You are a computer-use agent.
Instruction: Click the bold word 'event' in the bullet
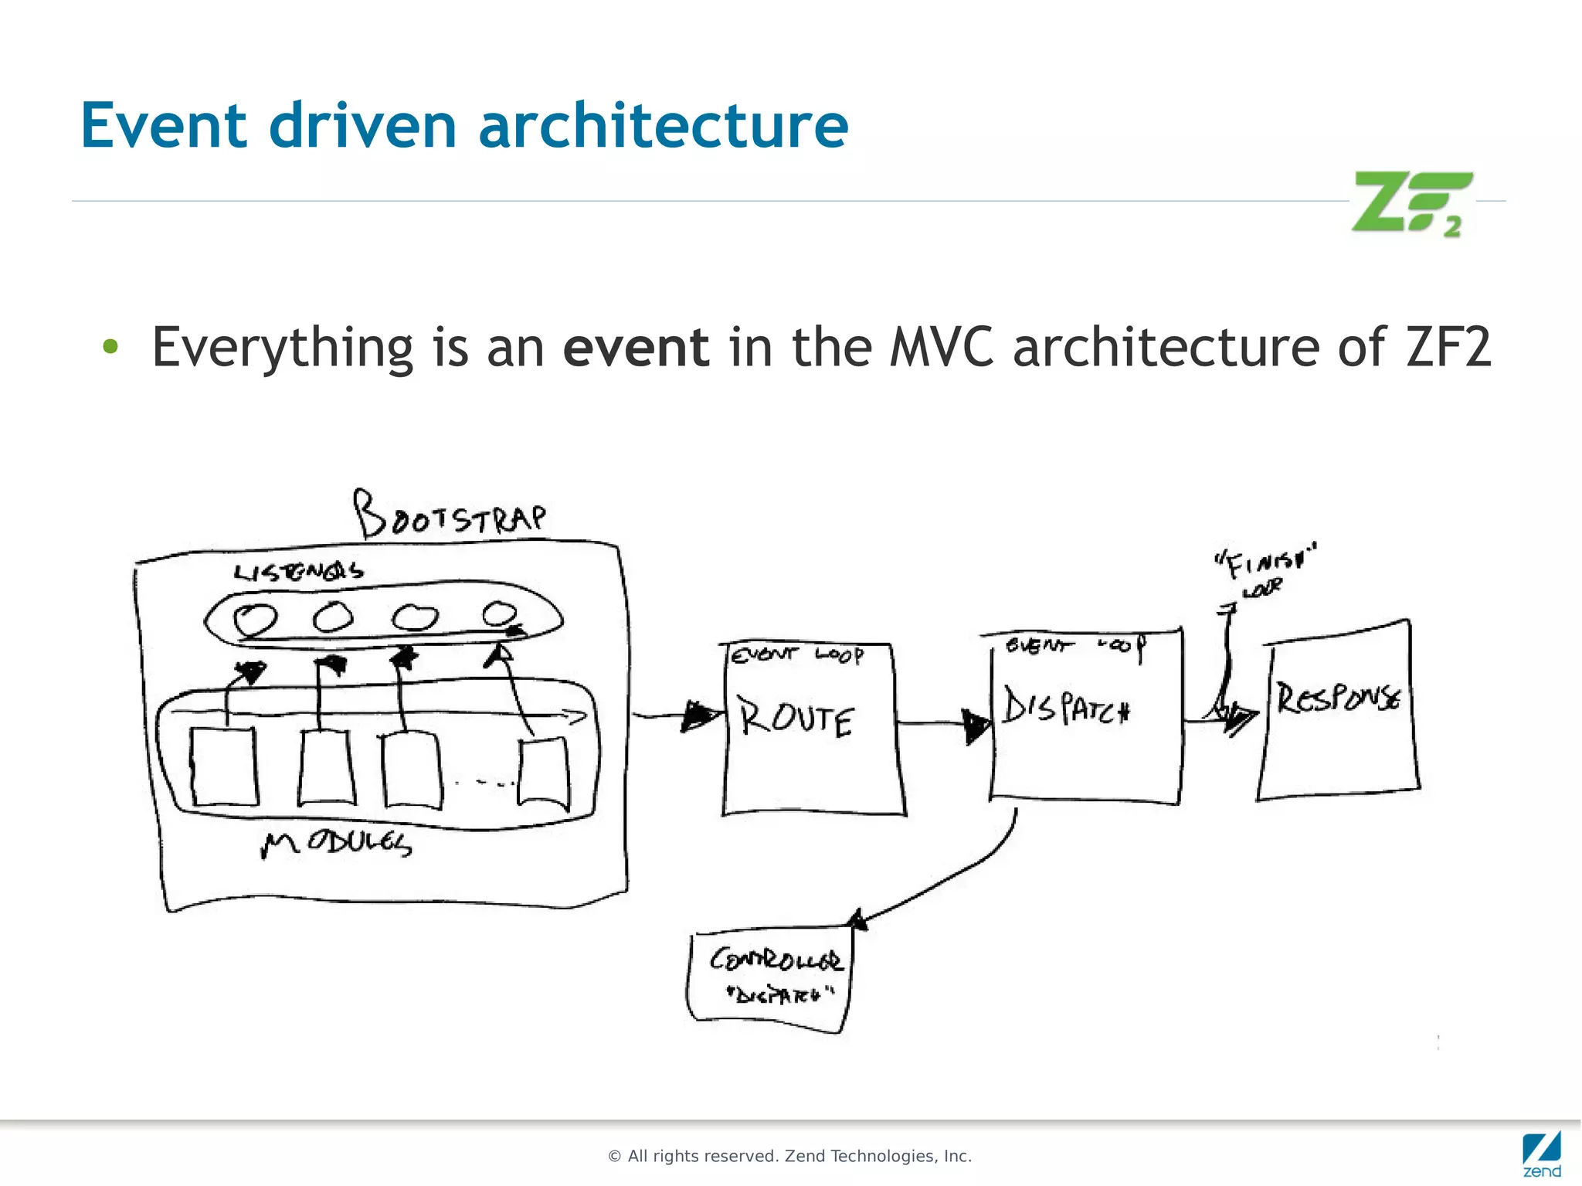pos(635,347)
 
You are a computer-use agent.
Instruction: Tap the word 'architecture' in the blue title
pos(663,125)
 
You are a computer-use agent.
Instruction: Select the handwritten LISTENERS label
pos(298,572)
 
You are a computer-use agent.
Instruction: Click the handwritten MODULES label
pos(337,843)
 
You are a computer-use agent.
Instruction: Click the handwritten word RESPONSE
pos(1338,698)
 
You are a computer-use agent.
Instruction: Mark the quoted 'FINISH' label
pos(1265,562)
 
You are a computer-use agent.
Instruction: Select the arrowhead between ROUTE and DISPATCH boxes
pos(976,725)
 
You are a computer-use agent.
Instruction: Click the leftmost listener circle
pos(255,619)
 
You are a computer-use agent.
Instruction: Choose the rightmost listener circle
pos(500,614)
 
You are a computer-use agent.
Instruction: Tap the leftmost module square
pos(224,766)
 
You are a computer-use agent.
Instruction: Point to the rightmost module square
pos(545,773)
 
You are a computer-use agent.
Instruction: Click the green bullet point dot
pos(110,347)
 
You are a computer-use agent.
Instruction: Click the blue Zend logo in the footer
pos(1542,1154)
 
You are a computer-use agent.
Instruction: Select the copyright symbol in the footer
pos(615,1157)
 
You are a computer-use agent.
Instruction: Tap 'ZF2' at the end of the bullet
pos(1448,347)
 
